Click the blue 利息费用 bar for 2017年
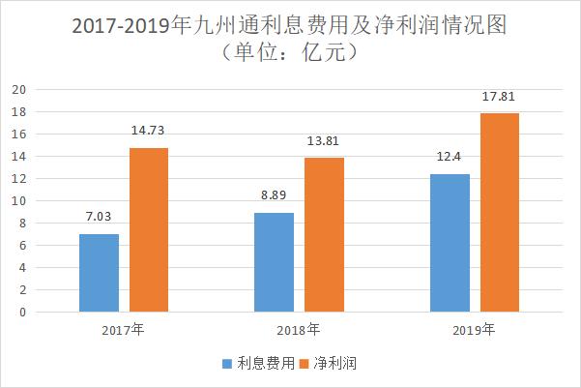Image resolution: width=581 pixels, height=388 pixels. click(x=100, y=273)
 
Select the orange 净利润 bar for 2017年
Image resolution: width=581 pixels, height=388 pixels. click(x=148, y=230)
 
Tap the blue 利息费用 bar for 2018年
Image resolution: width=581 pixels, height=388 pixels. click(x=275, y=262)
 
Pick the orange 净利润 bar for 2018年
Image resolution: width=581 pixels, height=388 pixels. click(x=324, y=235)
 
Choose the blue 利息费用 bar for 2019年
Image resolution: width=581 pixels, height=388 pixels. click(x=450, y=243)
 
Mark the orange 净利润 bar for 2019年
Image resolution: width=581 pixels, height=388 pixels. click(x=500, y=213)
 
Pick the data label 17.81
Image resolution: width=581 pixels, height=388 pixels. click(x=500, y=99)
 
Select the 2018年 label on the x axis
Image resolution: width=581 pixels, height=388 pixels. click(x=298, y=330)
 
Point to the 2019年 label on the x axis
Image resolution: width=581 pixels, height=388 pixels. click(x=473, y=330)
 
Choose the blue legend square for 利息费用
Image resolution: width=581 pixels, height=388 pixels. click(x=227, y=364)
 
